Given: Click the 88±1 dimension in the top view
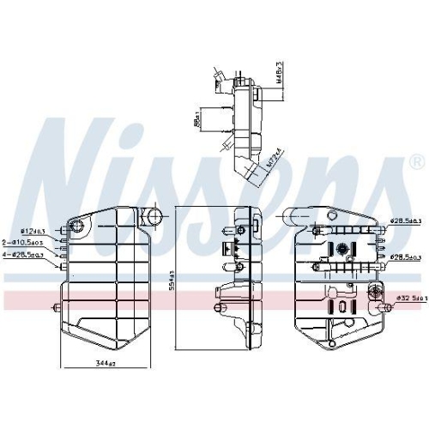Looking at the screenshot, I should [196, 122].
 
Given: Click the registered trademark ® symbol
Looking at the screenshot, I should [416, 160].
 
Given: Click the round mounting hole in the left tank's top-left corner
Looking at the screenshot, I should [78, 227].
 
